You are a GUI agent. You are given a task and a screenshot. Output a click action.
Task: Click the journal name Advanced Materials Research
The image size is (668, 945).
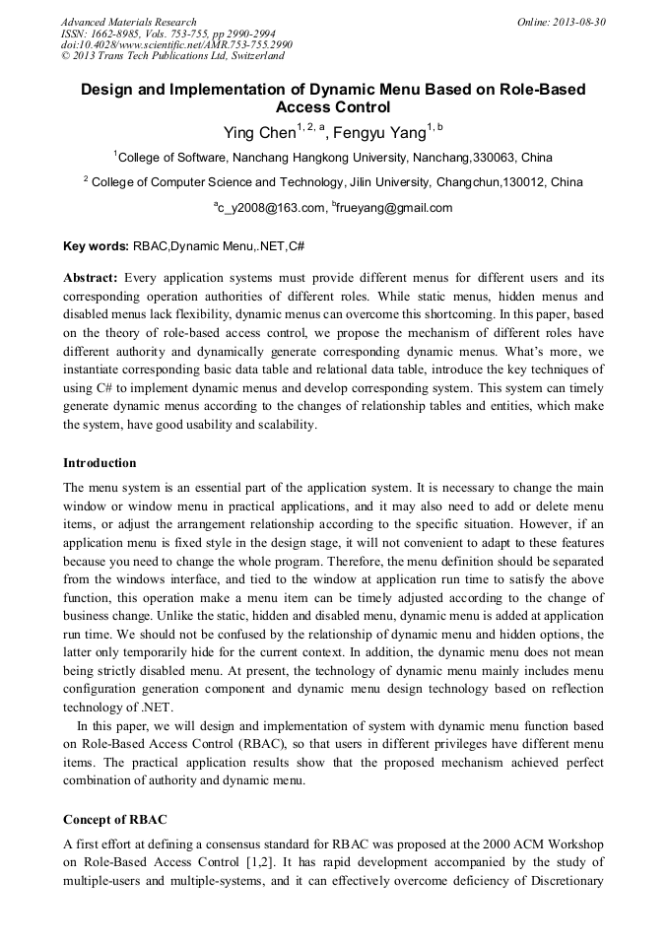pyautogui.click(x=128, y=22)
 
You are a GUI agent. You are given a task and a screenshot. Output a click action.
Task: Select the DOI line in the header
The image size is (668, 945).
pyautogui.click(x=176, y=45)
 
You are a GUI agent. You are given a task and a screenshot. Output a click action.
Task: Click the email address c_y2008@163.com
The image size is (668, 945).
pyautogui.click(x=272, y=208)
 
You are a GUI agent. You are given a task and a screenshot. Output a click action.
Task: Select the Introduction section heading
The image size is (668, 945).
pyautogui.click(x=100, y=463)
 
